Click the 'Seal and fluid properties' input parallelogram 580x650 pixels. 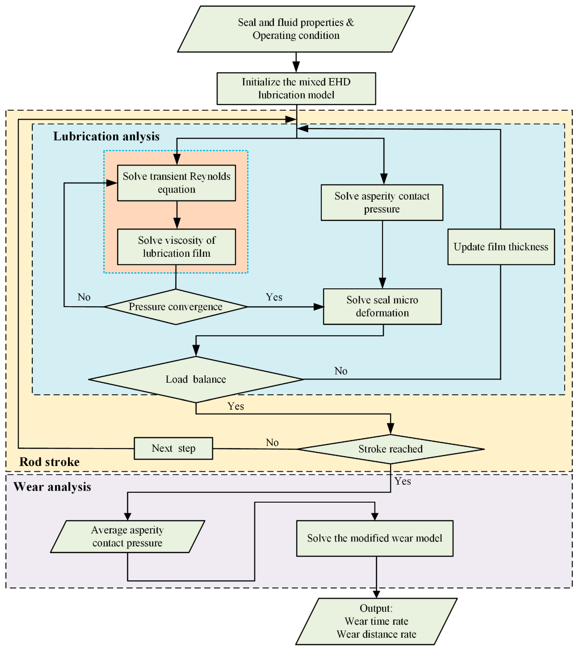[296, 29]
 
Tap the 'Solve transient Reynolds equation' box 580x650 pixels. [176, 183]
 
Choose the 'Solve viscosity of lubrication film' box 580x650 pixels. [176, 247]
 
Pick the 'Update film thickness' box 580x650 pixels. [501, 247]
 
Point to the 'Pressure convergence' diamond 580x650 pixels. [176, 307]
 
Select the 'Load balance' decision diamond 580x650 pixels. [196, 379]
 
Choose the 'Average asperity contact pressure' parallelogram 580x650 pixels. [127, 537]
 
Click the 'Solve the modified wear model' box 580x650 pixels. [375, 538]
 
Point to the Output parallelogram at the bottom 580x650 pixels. [376, 621]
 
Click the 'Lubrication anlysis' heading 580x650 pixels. [106, 136]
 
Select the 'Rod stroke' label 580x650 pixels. [49, 462]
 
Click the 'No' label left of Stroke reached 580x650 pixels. [272, 443]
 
